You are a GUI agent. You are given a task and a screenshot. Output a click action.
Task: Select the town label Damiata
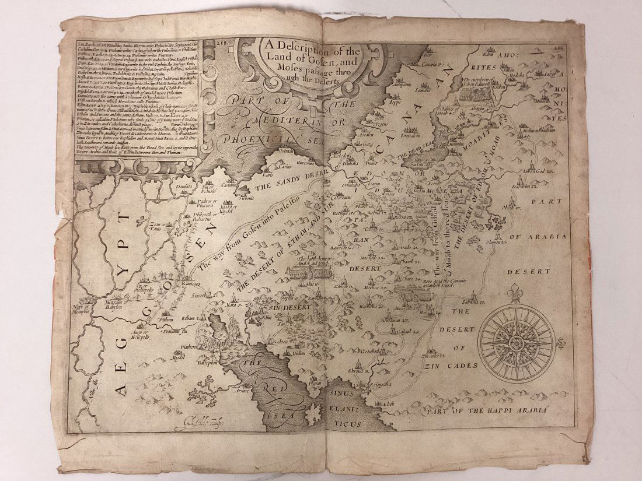[184, 185]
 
